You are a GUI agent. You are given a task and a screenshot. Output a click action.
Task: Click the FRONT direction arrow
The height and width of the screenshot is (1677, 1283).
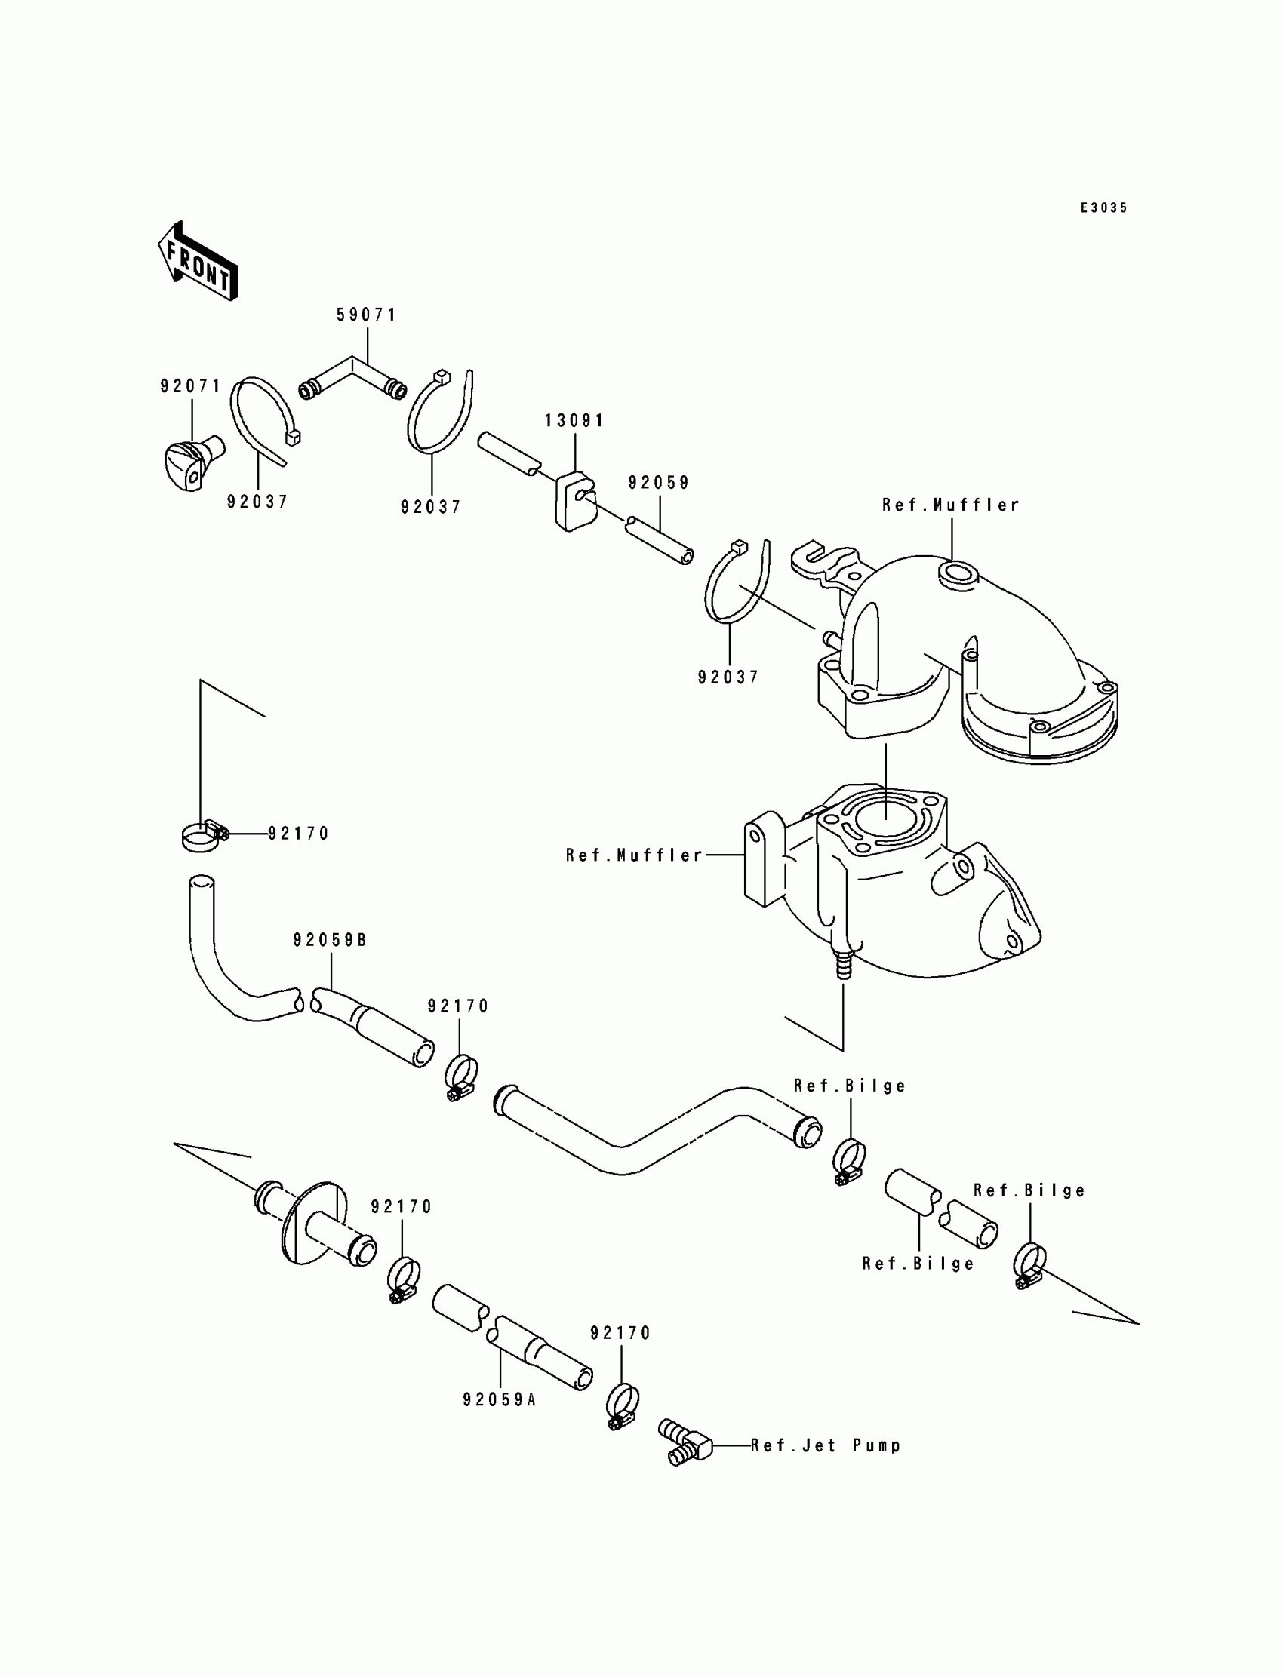coord(198,262)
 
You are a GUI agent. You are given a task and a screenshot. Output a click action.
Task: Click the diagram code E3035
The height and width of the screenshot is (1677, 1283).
coord(1103,207)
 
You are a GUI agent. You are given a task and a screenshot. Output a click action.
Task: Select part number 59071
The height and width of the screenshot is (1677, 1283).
coord(367,315)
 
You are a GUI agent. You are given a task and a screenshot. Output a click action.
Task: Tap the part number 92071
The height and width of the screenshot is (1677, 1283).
coord(190,386)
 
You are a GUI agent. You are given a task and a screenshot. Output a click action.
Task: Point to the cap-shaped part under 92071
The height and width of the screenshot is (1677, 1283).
coord(193,462)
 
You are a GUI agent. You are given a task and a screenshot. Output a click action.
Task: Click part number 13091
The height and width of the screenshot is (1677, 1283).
coord(574,421)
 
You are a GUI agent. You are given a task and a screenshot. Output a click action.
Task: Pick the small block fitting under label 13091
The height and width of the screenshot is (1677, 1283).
coord(575,502)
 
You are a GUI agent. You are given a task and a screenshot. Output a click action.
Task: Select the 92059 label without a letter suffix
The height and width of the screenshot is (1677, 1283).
coord(659,482)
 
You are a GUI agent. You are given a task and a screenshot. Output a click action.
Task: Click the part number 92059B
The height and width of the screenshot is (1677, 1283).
coord(330,941)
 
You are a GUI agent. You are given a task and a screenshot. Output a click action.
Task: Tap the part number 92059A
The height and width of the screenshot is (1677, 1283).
coord(500,1399)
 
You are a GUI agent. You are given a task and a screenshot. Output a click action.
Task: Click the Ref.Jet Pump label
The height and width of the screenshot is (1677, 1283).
coord(826,1445)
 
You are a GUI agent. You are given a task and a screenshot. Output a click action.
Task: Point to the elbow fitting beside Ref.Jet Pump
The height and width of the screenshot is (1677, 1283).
coord(685,1442)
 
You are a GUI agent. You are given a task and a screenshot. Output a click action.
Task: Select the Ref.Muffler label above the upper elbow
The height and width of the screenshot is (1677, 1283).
coord(951,505)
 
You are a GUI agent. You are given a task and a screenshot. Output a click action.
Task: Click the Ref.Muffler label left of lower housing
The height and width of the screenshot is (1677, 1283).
coord(635,855)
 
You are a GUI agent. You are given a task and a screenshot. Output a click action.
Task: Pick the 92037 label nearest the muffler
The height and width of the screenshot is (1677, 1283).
coord(728,677)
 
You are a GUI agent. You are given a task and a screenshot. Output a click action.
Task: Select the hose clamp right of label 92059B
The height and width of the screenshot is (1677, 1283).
coord(461,1078)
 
